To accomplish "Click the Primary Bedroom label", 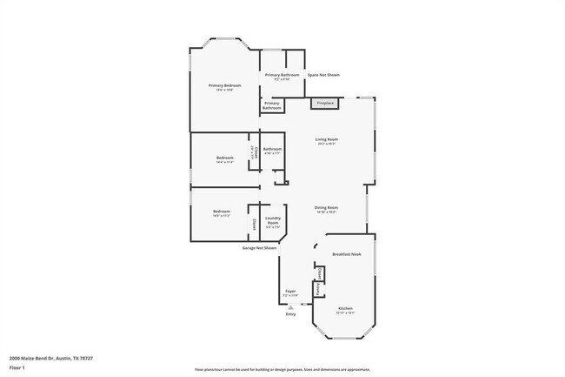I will coord(224,85).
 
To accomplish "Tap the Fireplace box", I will coord(324,104).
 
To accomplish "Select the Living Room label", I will coord(326,139).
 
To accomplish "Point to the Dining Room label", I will coord(326,207).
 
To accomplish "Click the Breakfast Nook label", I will coord(346,254).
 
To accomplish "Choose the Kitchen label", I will coord(345,308).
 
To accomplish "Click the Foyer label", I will coord(290,291).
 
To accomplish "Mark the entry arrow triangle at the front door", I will coord(290,307).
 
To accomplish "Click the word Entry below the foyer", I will coord(290,314).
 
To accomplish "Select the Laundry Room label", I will coord(272,220).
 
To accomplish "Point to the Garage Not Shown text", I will coord(259,248).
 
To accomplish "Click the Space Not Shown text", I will coord(323,75).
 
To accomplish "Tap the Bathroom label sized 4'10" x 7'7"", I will coord(273,149).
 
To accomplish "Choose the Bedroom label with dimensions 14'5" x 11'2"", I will coord(222,212).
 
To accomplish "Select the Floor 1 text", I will coord(18,367).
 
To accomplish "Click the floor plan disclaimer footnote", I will coord(282,370).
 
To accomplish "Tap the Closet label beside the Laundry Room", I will coord(254,225).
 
